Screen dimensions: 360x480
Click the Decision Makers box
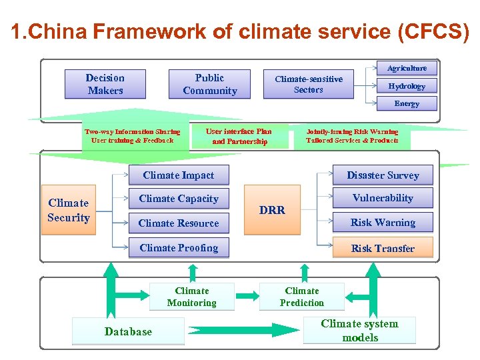coord(105,84)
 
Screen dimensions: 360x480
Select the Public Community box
coord(209,84)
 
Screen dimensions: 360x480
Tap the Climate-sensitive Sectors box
coord(308,84)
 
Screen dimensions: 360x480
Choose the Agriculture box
coord(407,68)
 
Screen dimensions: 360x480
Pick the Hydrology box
coord(407,86)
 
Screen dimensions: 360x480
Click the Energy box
coord(407,103)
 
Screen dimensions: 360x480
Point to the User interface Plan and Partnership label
coord(239,136)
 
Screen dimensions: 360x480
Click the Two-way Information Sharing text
coord(132,132)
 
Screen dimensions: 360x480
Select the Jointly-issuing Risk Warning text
coord(352,132)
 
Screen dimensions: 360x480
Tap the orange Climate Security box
coord(68,210)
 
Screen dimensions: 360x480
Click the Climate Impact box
coord(179,175)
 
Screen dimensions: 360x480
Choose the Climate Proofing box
coord(179,248)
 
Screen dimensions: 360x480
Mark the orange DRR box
coord(272,210)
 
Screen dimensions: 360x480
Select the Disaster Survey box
coord(383,175)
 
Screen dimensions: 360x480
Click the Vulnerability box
coord(383,198)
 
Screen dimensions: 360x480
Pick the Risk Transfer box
coord(383,248)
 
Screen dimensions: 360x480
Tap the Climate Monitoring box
coord(192,297)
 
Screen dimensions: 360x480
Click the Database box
coord(128,331)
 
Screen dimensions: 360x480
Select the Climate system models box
coord(359,331)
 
